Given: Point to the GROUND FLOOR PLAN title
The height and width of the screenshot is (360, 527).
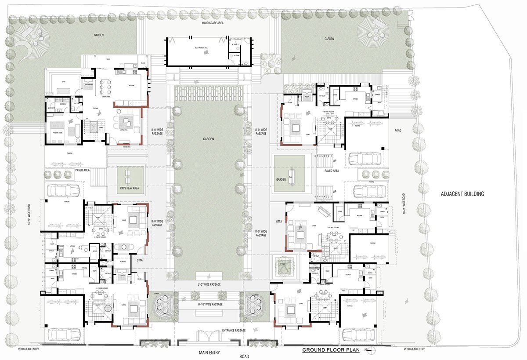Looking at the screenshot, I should (331, 350).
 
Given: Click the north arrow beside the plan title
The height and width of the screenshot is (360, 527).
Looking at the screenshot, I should (369, 350).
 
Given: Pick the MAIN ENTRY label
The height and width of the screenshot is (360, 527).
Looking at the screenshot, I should (209, 353).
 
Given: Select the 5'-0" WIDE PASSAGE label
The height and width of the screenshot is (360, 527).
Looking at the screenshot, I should (209, 284).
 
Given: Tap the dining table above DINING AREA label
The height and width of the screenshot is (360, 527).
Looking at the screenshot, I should (105, 87).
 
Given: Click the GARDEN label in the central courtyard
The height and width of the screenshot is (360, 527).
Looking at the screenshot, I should (208, 139).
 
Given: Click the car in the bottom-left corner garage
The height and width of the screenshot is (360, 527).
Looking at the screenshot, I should (65, 335).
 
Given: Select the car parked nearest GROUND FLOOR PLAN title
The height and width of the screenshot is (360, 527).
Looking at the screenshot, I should (358, 335).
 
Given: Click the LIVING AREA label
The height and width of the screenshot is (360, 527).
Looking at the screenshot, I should (125, 130).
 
